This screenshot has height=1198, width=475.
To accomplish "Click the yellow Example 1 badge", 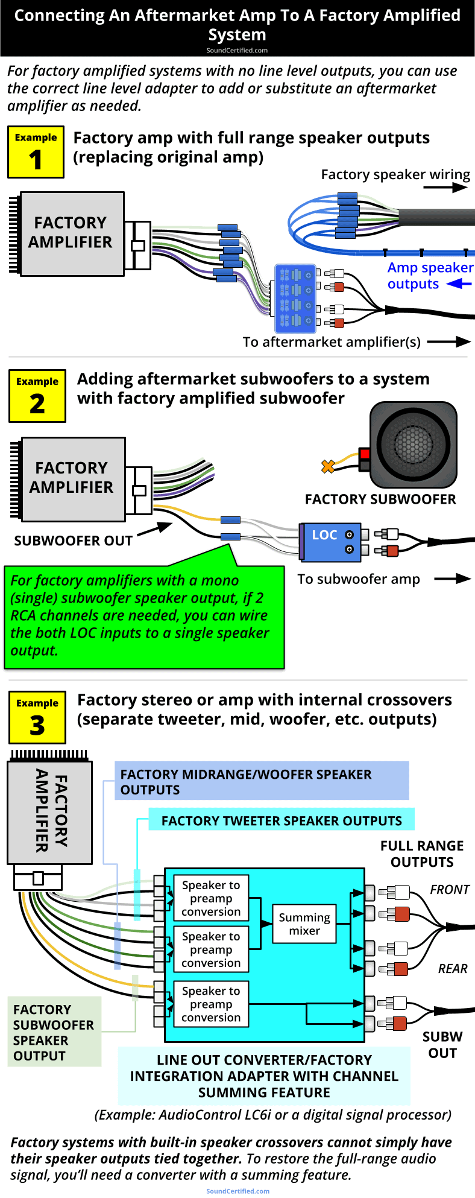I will click(36, 152).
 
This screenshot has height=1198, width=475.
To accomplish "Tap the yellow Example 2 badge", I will click(37, 396).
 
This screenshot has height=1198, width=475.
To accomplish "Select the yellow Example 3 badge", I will click(37, 717).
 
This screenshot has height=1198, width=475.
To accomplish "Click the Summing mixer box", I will click(304, 924).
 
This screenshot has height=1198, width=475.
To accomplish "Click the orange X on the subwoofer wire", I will click(328, 466).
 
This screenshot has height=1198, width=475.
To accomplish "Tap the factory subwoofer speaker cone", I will click(413, 445).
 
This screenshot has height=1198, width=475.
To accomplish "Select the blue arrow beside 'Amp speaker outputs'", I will click(459, 284).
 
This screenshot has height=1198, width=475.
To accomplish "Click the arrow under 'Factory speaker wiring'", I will click(445, 188).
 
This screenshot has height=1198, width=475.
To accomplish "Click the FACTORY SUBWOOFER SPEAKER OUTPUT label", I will click(54, 1032).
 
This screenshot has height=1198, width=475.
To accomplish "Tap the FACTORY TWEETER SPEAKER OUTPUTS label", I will click(282, 820).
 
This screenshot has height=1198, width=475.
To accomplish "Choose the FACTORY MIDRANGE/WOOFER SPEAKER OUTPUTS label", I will click(262, 782).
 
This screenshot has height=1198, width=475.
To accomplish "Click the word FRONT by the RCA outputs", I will click(449, 889).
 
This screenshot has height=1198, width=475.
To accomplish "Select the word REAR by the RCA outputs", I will click(452, 968).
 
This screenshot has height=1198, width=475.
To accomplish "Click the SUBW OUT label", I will click(442, 1045).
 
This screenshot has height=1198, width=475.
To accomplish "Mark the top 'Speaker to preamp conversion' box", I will click(211, 898).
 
